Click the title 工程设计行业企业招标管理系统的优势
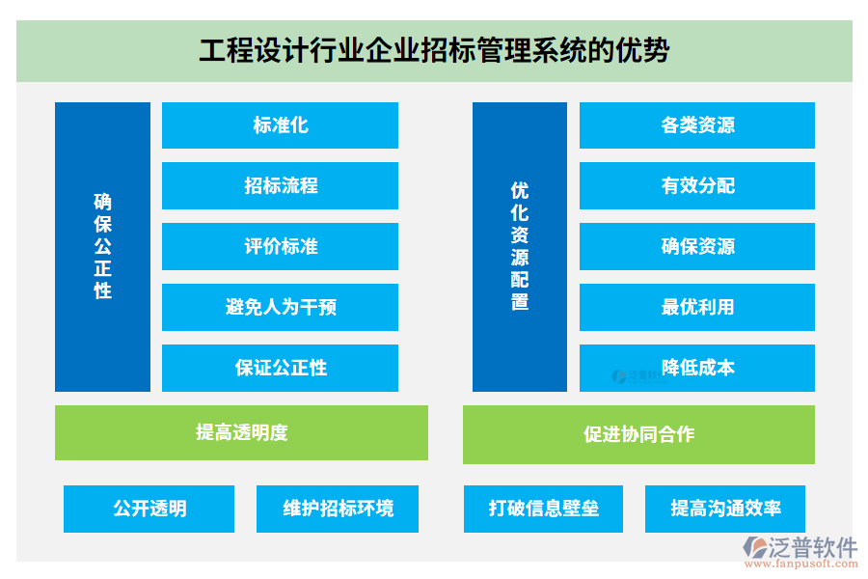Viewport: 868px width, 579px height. (434, 50)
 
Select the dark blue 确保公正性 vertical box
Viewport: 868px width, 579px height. (102, 247)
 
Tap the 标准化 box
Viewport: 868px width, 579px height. (280, 125)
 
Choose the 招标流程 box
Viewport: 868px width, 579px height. (280, 185)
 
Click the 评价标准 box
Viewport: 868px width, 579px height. (280, 247)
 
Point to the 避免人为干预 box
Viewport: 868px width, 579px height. (280, 307)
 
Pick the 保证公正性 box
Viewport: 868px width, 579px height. (280, 368)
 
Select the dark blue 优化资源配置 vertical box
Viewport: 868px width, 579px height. (520, 247)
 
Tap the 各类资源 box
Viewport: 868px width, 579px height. (697, 125)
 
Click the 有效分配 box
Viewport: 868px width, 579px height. (697, 185)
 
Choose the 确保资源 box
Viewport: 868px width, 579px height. (697, 247)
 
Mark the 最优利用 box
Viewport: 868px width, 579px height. (697, 307)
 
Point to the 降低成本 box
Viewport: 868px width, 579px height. (697, 368)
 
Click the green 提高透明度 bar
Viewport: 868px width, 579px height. (241, 432)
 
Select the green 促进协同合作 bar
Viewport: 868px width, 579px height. (638, 434)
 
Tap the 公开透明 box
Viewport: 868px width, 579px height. (149, 509)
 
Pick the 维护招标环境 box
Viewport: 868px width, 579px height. (338, 509)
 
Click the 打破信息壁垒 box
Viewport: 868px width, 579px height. (544, 509)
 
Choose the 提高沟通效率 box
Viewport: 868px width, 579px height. (725, 509)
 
